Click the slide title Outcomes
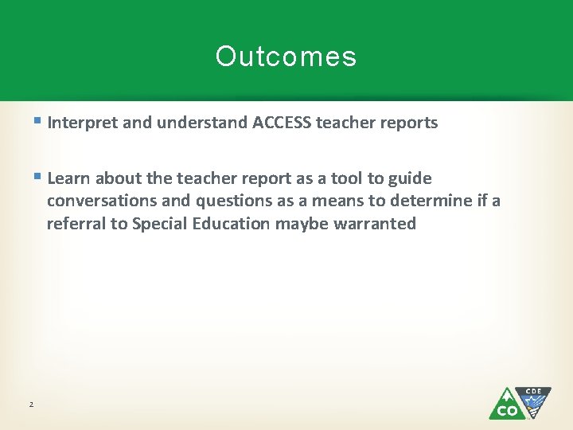286,57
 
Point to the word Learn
68,178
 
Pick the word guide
409,178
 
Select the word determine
423,201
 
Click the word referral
76,224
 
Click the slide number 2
31,405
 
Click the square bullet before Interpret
39,122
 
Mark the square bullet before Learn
39,178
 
